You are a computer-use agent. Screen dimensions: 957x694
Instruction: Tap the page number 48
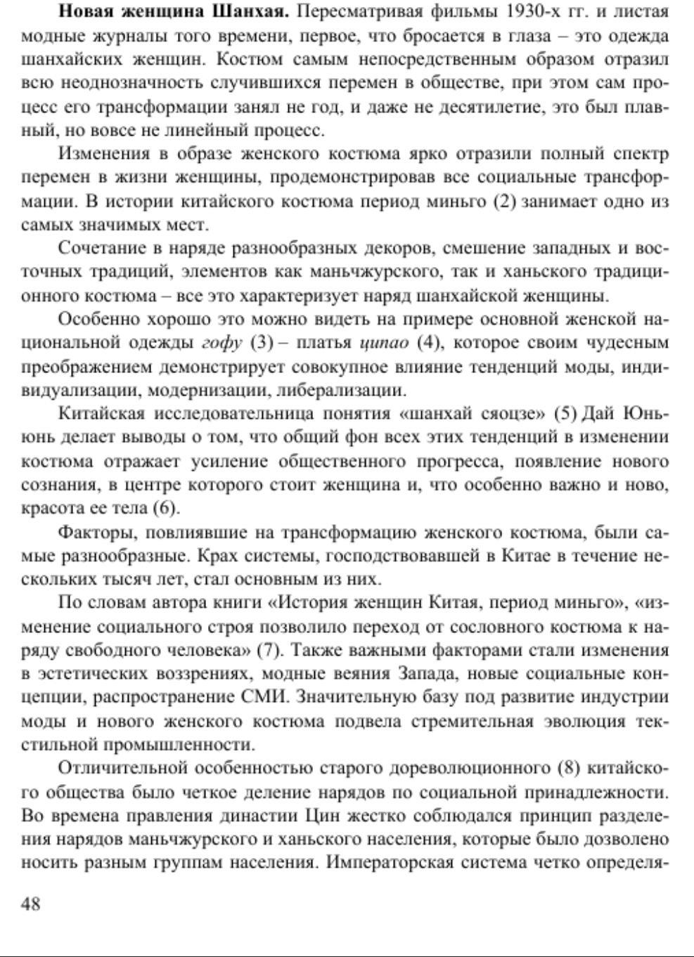31,904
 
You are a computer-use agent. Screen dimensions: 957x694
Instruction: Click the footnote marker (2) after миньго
505,202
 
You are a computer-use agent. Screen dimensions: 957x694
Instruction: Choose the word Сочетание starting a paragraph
103,249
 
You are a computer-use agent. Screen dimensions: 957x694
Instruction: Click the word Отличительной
127,769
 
